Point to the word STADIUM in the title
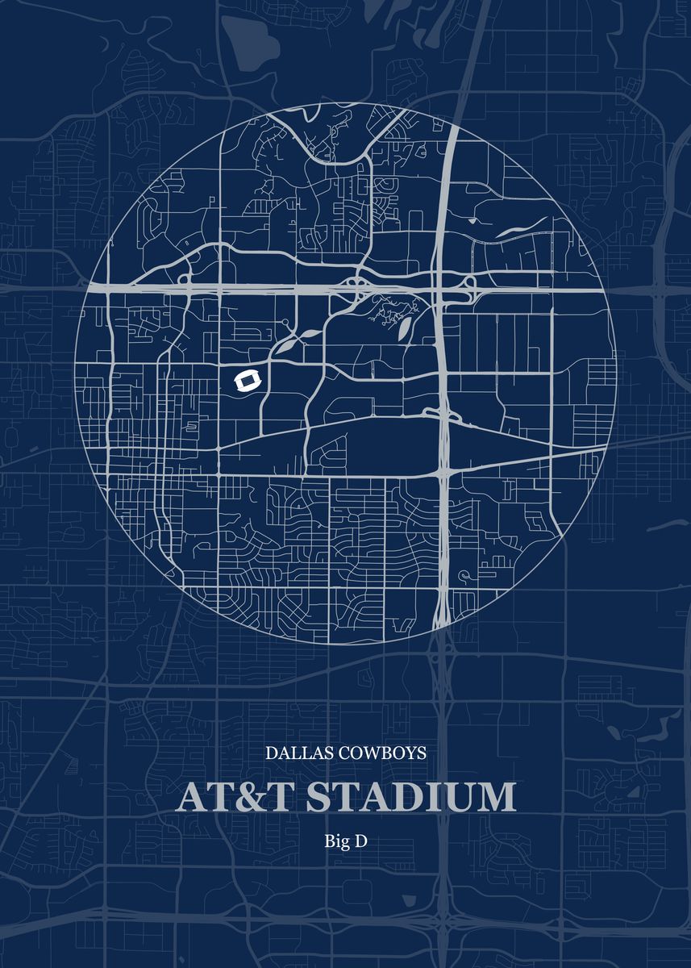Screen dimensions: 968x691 410,797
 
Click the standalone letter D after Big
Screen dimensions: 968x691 360,841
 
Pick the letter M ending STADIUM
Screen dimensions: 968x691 495,797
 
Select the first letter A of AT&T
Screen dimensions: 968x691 190,797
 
